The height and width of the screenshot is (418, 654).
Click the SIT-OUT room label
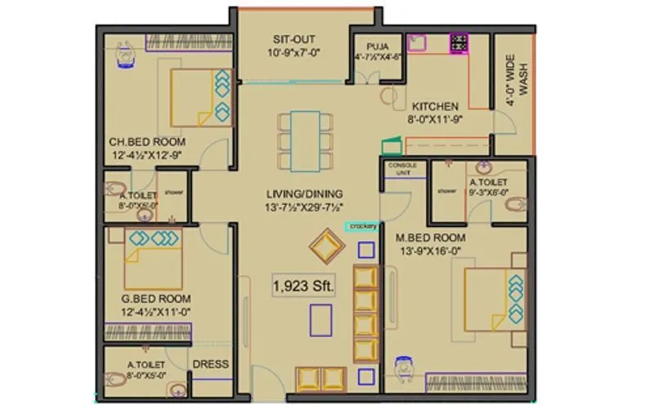293,39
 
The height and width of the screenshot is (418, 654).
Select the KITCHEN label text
435,106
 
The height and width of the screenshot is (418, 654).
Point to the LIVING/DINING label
303,193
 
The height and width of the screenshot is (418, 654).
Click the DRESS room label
210,364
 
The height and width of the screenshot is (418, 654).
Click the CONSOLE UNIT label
402,169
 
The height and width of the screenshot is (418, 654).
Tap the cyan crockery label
362,226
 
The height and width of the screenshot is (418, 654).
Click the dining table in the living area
305,140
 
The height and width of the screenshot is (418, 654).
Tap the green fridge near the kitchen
392,146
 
